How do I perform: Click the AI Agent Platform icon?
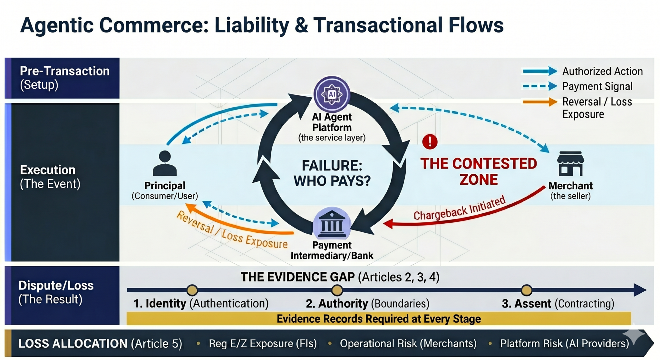point(332,94)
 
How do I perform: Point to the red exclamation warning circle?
point(430,141)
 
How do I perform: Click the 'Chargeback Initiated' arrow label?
point(459,209)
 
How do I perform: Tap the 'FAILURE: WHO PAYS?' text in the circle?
point(332,173)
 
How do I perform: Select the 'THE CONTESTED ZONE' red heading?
point(479,171)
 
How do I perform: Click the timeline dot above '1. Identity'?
point(192,290)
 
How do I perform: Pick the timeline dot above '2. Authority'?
point(337,290)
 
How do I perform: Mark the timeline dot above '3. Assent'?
point(527,290)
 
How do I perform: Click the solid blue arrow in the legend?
point(539,71)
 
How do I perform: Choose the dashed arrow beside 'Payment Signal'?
point(539,86)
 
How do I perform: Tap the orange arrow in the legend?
point(539,102)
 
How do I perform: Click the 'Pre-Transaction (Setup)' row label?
point(64,78)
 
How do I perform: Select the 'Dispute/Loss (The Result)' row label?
point(56,292)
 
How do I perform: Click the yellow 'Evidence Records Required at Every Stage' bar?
point(378,319)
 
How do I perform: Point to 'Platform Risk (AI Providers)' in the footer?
point(564,344)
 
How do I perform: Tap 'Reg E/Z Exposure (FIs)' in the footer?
point(263,344)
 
